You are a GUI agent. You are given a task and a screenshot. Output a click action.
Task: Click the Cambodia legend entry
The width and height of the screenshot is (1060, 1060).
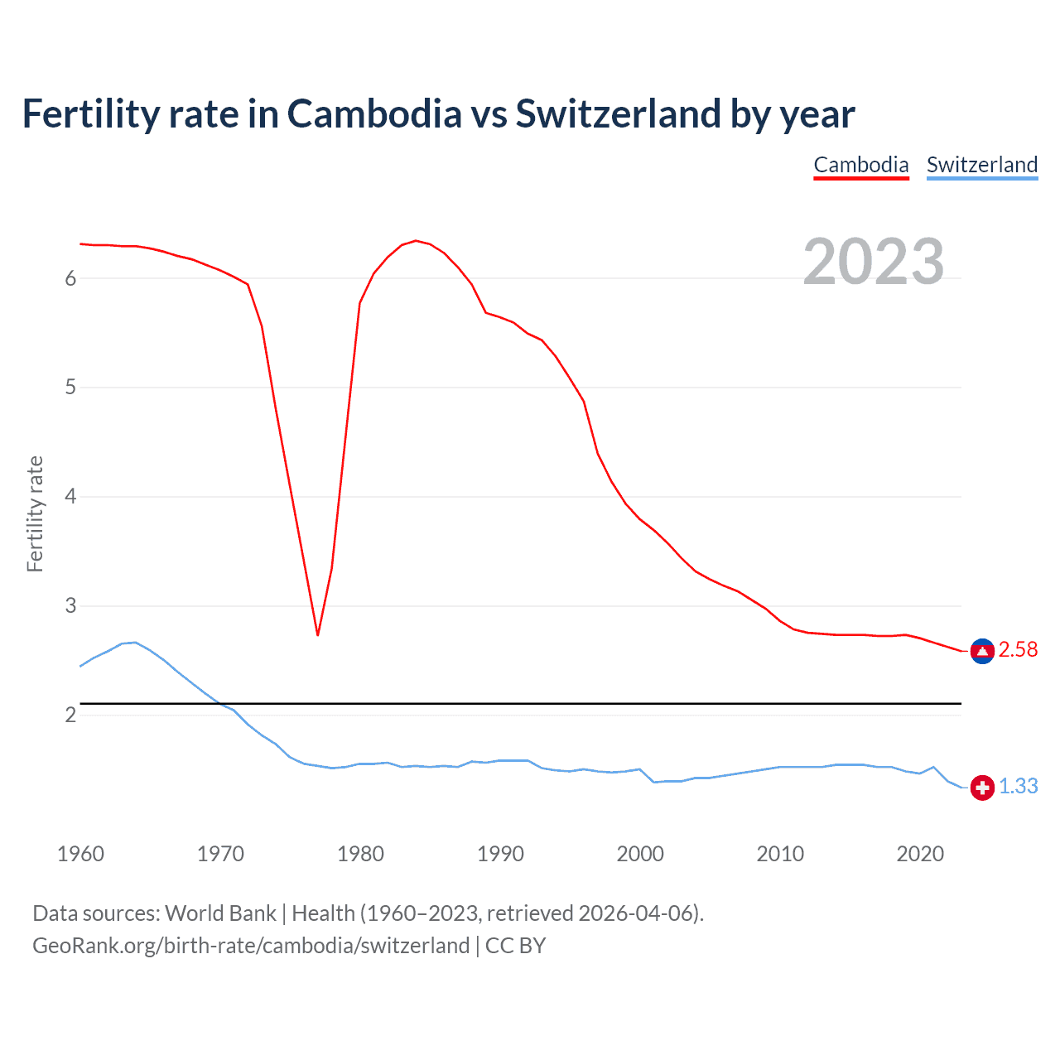click(861, 165)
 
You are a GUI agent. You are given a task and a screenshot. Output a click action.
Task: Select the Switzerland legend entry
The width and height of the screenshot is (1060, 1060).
click(981, 165)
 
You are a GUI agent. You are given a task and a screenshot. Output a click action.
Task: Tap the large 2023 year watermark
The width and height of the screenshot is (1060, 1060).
click(874, 262)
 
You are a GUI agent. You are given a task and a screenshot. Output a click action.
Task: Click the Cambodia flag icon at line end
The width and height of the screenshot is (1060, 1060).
click(982, 652)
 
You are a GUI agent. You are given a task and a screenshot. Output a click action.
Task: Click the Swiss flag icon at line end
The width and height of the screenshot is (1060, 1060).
click(982, 788)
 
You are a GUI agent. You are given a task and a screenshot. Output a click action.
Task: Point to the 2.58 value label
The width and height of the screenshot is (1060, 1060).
click(1018, 650)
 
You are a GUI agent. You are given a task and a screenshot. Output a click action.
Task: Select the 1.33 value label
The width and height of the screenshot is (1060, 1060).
click(1018, 787)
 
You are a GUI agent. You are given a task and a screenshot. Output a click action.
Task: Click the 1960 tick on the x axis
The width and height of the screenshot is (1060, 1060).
click(80, 854)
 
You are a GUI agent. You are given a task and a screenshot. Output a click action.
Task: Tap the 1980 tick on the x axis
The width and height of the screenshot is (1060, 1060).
click(360, 854)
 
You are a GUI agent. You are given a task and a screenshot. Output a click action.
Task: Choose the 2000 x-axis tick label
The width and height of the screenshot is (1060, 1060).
click(640, 854)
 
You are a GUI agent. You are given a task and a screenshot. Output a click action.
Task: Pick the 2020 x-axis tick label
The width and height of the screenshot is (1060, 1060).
click(920, 854)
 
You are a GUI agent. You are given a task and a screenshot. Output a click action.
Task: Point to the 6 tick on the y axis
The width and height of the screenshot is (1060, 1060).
click(70, 279)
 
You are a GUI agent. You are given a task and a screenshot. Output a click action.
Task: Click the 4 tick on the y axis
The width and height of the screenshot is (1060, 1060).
click(70, 497)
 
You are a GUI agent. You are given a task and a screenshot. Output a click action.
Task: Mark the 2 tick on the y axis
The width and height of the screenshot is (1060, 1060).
click(70, 715)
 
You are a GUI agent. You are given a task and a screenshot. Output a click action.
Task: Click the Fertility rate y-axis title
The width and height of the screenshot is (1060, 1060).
click(35, 513)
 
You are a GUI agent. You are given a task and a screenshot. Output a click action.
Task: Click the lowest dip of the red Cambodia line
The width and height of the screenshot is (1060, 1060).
click(317, 634)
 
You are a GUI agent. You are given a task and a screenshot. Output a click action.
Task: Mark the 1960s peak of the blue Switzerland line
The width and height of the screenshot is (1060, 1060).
click(135, 643)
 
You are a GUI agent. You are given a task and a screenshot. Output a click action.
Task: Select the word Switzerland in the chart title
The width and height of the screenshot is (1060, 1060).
click(618, 113)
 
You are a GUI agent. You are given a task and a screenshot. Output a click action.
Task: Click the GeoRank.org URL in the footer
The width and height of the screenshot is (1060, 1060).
click(251, 946)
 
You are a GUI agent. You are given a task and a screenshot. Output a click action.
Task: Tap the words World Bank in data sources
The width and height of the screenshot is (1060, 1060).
click(220, 913)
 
